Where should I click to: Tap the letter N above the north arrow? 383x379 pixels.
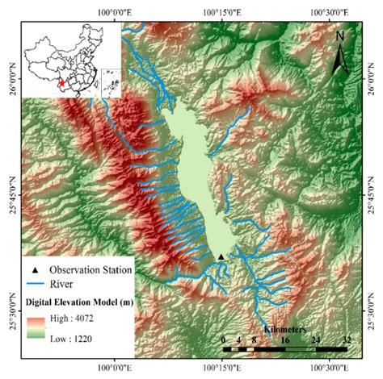click(341, 35)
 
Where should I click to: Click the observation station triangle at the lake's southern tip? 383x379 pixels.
click(221, 257)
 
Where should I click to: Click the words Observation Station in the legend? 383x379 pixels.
click(84, 269)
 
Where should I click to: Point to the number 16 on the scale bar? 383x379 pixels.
click(284, 340)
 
